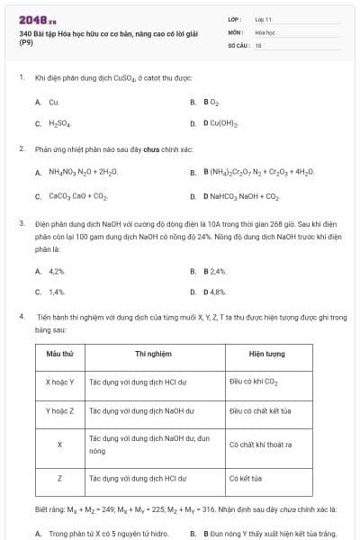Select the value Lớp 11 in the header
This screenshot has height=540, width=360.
coord(264,18)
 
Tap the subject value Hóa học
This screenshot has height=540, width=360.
coord(265,31)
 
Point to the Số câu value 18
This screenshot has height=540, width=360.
coord(258,44)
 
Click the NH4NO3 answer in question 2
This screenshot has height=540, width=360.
coord(82,171)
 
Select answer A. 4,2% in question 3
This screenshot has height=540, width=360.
coord(52,270)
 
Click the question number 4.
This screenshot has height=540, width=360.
coord(21,318)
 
